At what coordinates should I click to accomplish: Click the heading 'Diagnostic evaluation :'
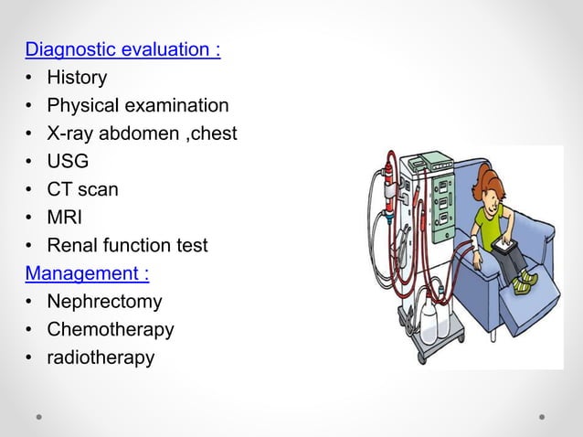pyautogui.click(x=122, y=49)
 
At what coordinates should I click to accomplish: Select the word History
pyautogui.click(x=77, y=78)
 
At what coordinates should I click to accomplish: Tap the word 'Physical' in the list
pyautogui.click(x=81, y=106)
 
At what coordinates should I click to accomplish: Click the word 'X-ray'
pyautogui.click(x=70, y=133)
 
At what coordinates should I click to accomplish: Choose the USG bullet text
pyautogui.click(x=68, y=162)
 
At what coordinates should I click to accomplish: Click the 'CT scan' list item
pyautogui.click(x=82, y=189)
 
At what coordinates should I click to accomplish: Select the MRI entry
pyautogui.click(x=66, y=218)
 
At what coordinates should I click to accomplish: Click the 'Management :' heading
pyautogui.click(x=88, y=273)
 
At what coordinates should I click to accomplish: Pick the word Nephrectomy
pyautogui.click(x=104, y=302)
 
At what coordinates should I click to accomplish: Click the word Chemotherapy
pyautogui.click(x=110, y=329)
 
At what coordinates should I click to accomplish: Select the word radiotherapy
pyautogui.click(x=101, y=357)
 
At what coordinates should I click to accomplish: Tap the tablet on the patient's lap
pyautogui.click(x=503, y=245)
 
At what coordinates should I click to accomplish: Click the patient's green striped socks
pyautogui.click(x=523, y=284)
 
